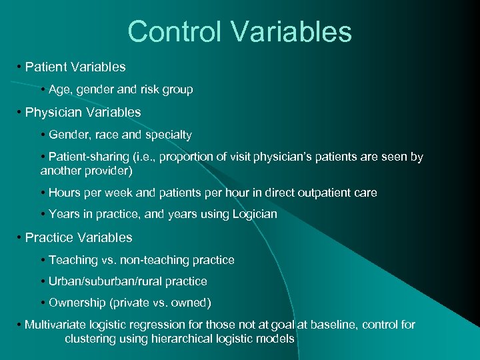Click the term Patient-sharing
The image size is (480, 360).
[87, 157]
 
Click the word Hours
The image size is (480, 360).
[64, 193]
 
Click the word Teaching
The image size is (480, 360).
[73, 259]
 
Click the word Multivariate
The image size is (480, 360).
[56, 325]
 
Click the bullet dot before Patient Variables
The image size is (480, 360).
[19, 67]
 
